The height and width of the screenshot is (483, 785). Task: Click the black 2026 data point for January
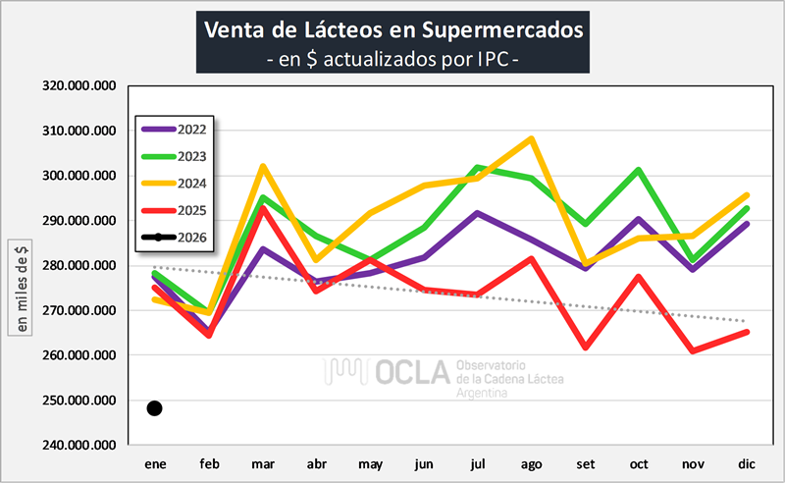coord(154,408)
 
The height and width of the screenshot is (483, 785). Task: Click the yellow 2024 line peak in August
coord(531,138)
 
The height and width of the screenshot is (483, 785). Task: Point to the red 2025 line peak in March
coord(262,208)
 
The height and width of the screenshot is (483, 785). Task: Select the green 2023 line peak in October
coord(639,170)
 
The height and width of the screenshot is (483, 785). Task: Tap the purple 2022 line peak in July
coord(478,212)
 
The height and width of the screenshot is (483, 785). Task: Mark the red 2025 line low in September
coord(585,348)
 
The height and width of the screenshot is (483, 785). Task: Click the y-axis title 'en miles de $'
coord(20,286)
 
